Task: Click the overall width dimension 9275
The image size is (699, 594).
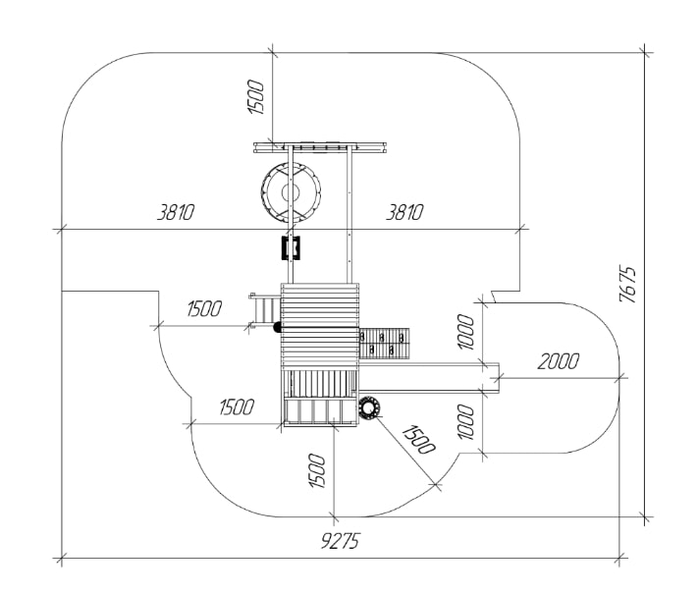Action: pos(340,542)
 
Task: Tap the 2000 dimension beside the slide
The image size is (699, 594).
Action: pos(558,361)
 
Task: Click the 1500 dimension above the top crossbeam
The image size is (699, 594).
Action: pos(257,96)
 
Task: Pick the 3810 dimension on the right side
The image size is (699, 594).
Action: pos(404,212)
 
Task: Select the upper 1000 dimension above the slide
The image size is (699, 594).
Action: pos(467,331)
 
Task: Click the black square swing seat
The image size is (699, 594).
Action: pos(290,247)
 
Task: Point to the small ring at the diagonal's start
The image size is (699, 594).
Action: pos(370,407)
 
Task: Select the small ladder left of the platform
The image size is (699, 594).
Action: pos(263,310)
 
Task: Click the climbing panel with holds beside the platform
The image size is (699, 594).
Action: pos(386,343)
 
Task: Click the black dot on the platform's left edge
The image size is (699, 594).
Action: pos(278,326)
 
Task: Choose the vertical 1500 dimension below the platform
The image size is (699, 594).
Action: pos(317,471)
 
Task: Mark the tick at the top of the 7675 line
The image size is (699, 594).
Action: pos(645,52)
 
